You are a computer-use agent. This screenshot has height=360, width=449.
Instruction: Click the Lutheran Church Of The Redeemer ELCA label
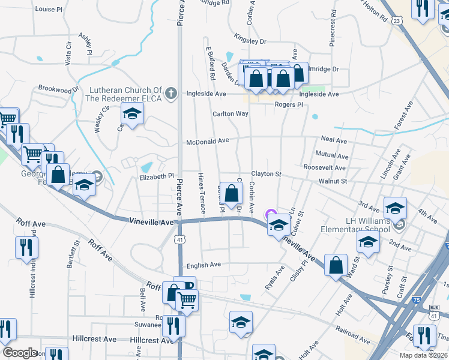(125, 94)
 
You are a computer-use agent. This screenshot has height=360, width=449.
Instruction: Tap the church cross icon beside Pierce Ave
(171, 94)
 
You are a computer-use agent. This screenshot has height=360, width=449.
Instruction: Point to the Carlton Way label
(230, 114)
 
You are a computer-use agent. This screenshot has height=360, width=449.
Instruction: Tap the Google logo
(19, 353)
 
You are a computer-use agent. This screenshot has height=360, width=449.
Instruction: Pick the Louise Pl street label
(49, 10)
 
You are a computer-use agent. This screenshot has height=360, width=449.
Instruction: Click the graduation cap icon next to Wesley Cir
(132, 113)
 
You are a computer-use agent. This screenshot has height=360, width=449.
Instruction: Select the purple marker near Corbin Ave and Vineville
(271, 214)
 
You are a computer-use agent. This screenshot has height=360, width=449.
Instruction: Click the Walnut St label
(333, 181)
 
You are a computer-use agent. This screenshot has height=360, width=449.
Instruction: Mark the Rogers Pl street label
(289, 104)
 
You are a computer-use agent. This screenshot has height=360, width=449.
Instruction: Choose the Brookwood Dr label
(58, 88)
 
